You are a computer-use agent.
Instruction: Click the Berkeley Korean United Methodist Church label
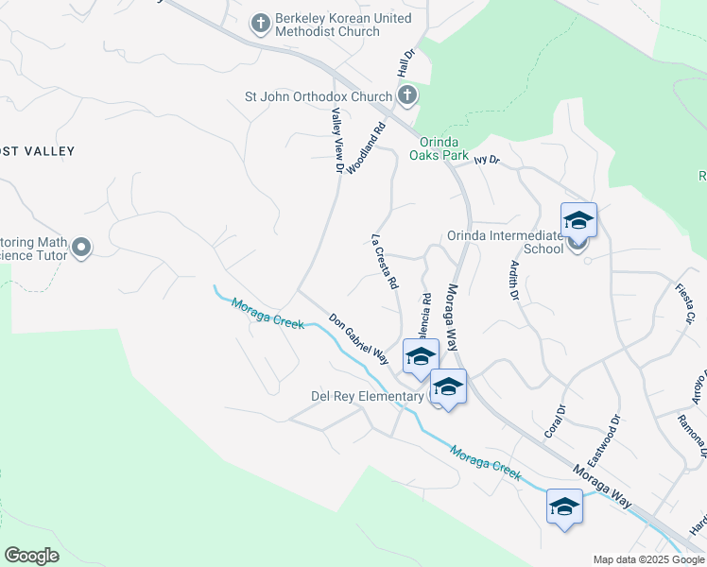point(343,25)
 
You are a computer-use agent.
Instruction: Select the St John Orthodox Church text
point(318,96)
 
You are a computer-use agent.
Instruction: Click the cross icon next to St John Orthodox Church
point(406,95)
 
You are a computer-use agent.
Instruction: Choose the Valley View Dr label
point(336,140)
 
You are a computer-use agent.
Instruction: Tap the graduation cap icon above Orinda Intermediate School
point(578,222)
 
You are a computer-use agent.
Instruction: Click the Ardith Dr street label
point(515,281)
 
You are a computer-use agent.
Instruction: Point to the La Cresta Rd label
point(385,262)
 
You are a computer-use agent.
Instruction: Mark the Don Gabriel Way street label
point(359,337)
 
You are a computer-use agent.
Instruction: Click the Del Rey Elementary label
point(367,396)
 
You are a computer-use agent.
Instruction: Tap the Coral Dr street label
point(554,425)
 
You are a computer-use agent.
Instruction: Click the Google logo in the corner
point(32,556)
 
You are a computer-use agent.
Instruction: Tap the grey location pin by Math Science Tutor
point(80,249)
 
